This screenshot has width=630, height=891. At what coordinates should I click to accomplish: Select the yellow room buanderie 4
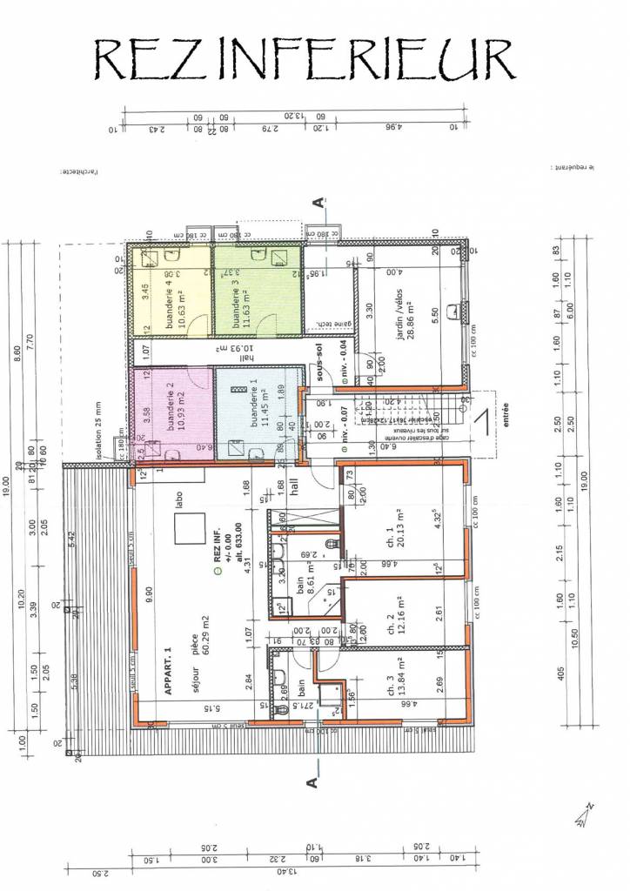171,291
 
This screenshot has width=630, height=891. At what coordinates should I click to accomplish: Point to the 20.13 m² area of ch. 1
401,536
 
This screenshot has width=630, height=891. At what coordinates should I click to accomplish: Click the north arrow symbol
581,814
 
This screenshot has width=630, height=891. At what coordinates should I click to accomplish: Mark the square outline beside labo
190,530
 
